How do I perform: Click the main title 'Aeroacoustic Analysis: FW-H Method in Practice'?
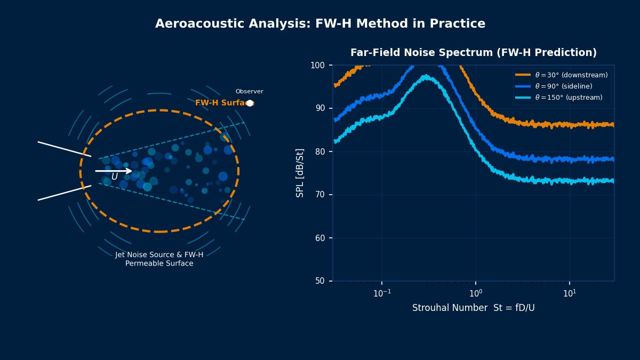click(x=320, y=24)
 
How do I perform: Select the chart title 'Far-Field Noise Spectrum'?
click(x=473, y=53)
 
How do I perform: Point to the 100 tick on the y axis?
click(x=318, y=65)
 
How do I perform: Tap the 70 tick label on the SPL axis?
click(x=320, y=195)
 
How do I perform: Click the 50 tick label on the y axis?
click(x=320, y=281)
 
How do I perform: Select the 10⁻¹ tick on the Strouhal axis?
click(x=381, y=293)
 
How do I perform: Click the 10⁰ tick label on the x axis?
click(x=475, y=293)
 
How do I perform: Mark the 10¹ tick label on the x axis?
click(x=569, y=293)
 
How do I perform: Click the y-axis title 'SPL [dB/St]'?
click(x=300, y=173)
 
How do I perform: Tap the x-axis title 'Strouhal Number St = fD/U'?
click(x=473, y=308)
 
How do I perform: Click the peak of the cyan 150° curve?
click(x=426, y=77)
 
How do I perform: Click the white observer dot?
click(x=250, y=103)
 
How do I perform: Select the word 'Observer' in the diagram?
click(x=249, y=92)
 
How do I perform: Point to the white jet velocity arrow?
click(x=114, y=171)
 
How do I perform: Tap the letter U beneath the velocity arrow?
click(x=114, y=177)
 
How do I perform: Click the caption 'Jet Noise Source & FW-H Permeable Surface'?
click(x=159, y=259)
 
